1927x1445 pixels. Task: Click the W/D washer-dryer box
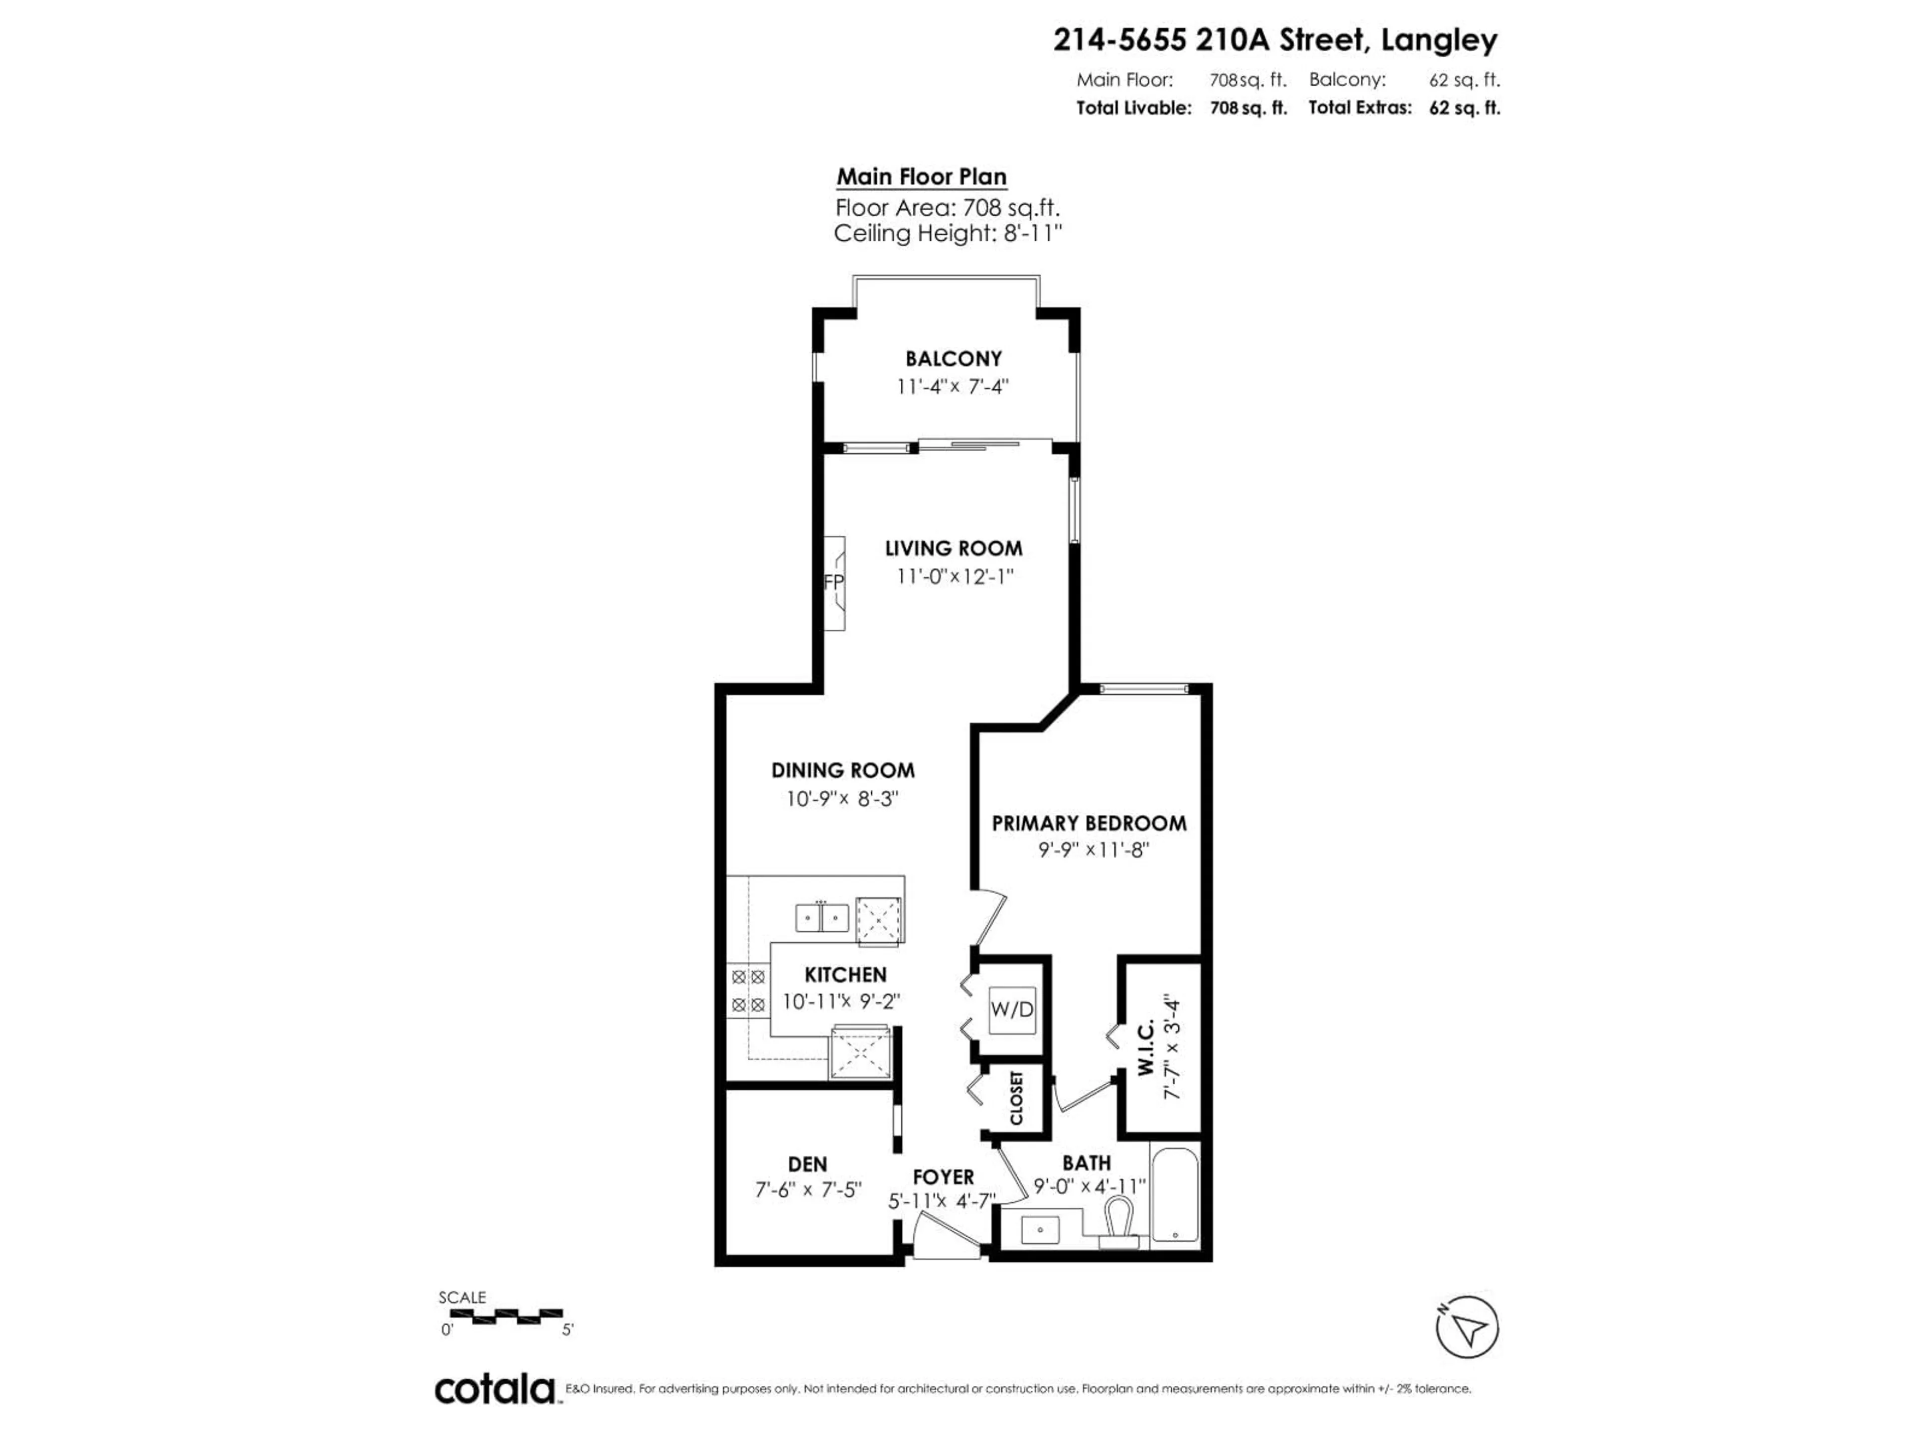(x=1012, y=1009)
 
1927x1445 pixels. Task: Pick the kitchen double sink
(x=821, y=917)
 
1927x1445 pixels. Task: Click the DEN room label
(x=807, y=1164)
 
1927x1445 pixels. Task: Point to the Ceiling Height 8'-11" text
(x=948, y=233)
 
